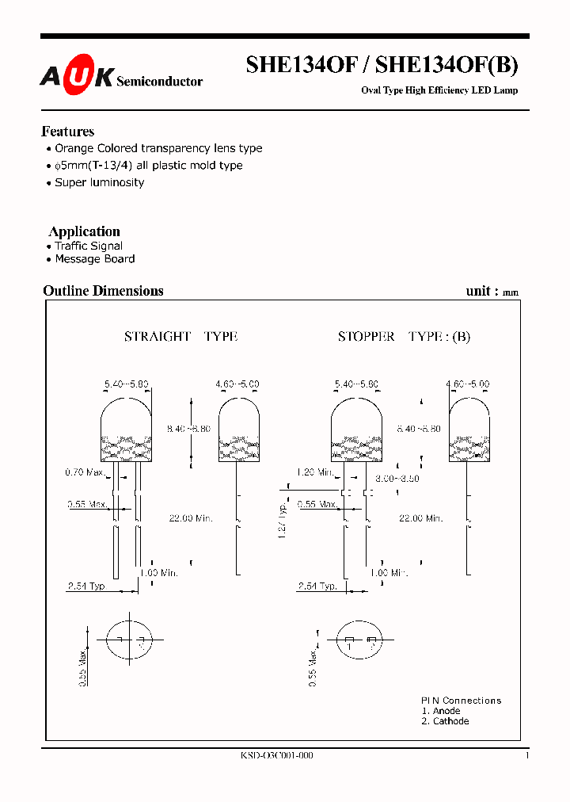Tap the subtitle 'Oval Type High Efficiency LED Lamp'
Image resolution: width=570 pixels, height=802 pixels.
click(x=439, y=90)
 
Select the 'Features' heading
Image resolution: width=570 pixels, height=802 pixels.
click(x=68, y=132)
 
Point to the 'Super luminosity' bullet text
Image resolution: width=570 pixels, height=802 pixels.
click(x=99, y=182)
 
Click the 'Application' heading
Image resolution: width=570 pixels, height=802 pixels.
click(x=85, y=231)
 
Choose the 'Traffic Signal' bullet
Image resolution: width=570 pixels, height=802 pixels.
click(x=89, y=246)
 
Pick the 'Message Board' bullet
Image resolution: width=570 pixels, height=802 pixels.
click(x=94, y=259)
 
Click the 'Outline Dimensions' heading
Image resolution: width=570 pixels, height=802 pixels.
click(x=103, y=291)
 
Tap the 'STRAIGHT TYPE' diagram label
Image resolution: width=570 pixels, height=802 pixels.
click(x=180, y=337)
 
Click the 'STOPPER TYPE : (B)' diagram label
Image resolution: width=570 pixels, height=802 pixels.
click(x=404, y=337)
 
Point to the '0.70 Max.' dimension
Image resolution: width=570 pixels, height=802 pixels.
click(x=85, y=473)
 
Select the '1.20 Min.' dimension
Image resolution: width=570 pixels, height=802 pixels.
click(x=316, y=472)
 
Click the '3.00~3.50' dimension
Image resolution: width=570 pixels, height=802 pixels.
click(x=397, y=479)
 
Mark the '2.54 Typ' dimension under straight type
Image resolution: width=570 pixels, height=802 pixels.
click(x=86, y=586)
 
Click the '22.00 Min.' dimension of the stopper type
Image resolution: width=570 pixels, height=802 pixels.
click(x=420, y=518)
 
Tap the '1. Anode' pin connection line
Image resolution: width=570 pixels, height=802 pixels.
click(x=441, y=711)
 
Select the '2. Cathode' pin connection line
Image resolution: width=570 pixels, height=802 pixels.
click(x=445, y=721)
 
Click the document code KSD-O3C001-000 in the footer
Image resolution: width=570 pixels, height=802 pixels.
click(x=276, y=756)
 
